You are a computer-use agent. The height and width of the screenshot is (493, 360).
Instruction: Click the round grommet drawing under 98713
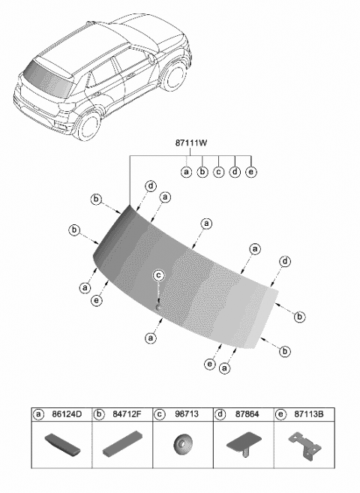pos(181,443)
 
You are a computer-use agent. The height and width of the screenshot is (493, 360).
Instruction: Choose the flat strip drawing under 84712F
pos(121,444)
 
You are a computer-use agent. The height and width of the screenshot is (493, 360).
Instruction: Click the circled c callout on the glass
pos(158,276)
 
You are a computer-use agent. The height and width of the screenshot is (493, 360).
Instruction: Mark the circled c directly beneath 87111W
pos(218,172)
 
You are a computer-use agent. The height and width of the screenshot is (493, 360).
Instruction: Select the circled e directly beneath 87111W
pos(250,172)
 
